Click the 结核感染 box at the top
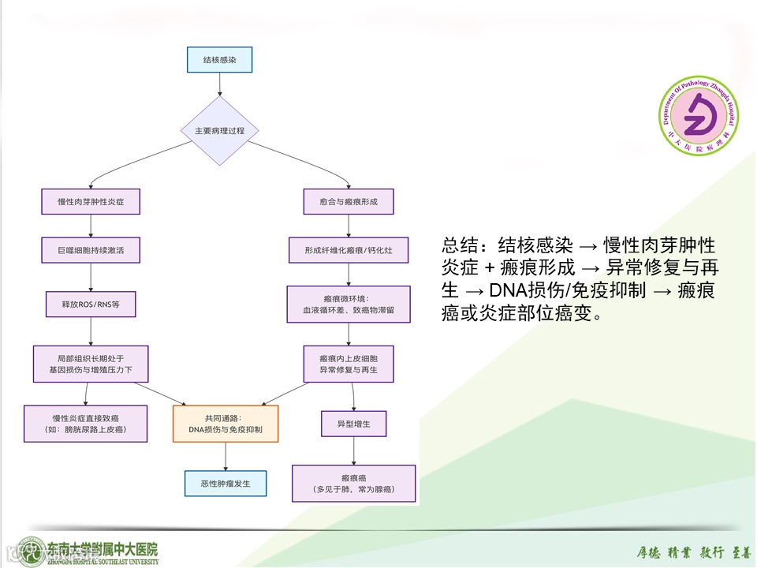click(x=220, y=60)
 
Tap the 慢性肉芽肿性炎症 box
click(x=92, y=202)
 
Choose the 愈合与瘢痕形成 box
click(x=349, y=202)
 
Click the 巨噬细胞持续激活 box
click(x=92, y=252)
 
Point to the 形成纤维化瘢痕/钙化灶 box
click(x=349, y=252)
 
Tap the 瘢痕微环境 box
click(x=349, y=304)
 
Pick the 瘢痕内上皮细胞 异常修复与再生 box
click(x=349, y=363)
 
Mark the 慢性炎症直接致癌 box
click(x=85, y=424)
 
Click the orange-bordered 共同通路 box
click(x=226, y=424)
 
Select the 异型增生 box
click(x=352, y=424)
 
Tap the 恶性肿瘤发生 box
click(x=226, y=483)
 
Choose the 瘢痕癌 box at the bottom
click(x=353, y=484)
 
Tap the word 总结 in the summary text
click(x=458, y=244)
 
